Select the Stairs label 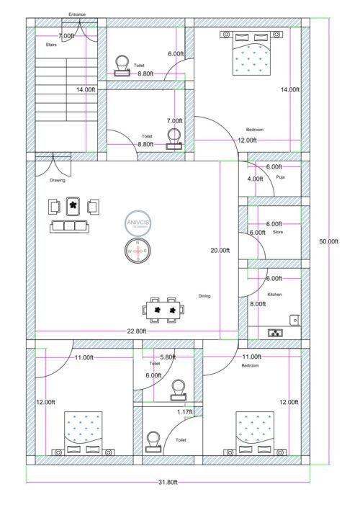coord(51,45)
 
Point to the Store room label coord(278,232)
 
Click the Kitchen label coord(274,295)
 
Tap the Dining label coord(205,296)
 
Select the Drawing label coord(58,180)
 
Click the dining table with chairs coord(163,310)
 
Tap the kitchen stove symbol coord(275,333)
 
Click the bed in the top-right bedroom coord(253,54)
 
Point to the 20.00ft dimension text coord(220,250)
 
